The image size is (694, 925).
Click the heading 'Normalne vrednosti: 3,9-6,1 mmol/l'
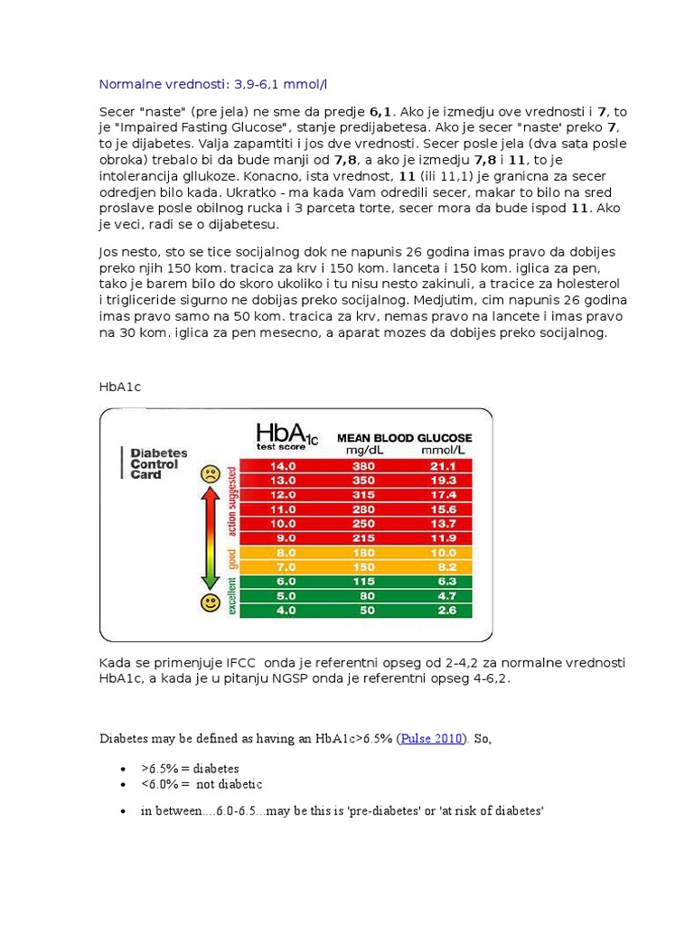coord(213,85)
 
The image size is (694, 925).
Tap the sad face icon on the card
coord(211,472)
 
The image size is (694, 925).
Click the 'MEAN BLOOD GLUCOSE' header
coord(404,437)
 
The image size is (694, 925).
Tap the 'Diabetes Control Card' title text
coord(157,463)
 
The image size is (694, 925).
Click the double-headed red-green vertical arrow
coord(210,537)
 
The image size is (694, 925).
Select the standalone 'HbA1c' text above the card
coord(120,387)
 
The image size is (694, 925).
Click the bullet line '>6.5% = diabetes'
coord(190,769)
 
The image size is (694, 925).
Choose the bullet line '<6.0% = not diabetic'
coord(201,784)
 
